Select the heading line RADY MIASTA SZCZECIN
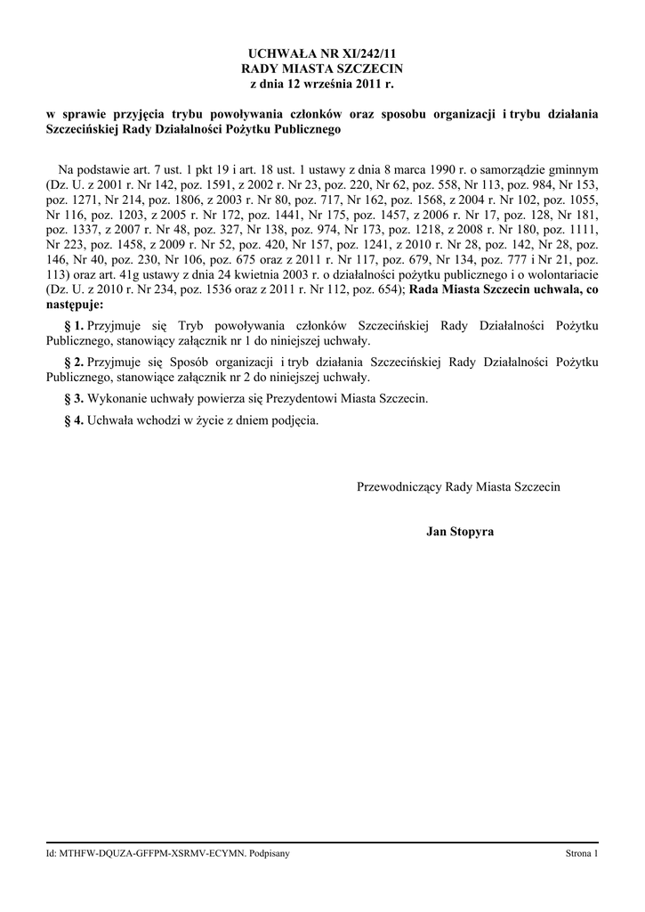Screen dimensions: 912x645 322,68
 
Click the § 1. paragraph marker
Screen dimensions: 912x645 74,326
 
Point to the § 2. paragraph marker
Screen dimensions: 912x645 74,362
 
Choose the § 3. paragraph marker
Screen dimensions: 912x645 74,397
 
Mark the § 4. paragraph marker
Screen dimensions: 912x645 74,419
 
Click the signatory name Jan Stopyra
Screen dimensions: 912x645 459,532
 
